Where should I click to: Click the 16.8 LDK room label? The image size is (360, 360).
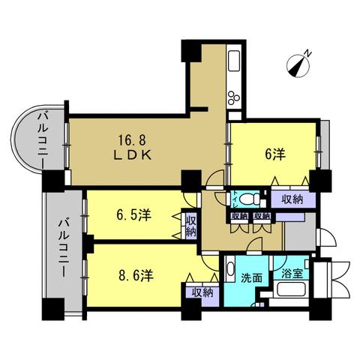pos(133,148)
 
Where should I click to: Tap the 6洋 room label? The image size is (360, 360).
pos(274,154)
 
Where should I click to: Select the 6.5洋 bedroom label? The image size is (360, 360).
pos(133,214)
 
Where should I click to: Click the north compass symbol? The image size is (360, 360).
pos(298,66)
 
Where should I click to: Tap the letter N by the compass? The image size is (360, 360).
pos(308,53)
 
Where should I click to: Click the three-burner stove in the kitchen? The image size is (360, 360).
pos(234,97)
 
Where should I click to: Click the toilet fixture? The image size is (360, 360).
pos(250,199)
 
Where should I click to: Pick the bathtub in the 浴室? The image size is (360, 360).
pos(291,289)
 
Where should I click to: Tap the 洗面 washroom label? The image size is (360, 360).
pos(251,277)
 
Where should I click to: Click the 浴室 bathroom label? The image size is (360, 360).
pos(292,274)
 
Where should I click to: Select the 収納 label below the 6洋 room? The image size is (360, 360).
pos(292,199)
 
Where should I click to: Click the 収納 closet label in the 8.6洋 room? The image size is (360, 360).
pos(202,292)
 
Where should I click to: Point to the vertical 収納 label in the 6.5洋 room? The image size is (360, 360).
pos(191,226)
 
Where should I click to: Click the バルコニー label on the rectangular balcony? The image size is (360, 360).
pos(64,247)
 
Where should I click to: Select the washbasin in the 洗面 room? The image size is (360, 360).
pos(230,268)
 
